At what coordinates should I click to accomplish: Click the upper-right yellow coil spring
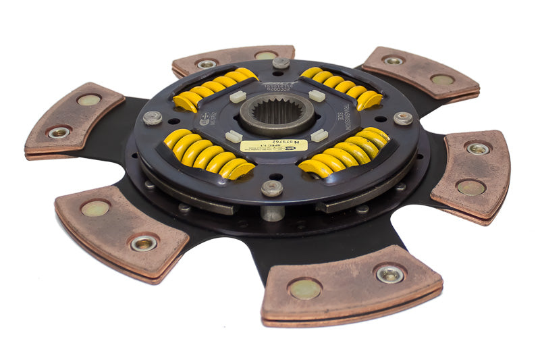click(341, 86)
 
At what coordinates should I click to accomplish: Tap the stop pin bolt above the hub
click(281, 63)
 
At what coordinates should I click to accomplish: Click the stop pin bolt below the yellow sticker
click(272, 188)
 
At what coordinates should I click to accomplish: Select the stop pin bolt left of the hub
click(153, 118)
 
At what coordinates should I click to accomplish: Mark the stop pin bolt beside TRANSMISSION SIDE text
click(403, 118)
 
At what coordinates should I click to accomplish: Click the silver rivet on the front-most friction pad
click(390, 273)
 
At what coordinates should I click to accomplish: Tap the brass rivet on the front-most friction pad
click(305, 288)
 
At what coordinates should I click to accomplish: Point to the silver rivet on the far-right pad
click(478, 149)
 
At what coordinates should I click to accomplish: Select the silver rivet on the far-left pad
click(59, 132)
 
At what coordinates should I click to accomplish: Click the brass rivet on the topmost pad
click(265, 55)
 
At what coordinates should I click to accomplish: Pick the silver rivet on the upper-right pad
click(392, 60)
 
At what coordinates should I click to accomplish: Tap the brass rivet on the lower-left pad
click(94, 209)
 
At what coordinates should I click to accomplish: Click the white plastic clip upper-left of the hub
click(237, 97)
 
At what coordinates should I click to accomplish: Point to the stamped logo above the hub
click(279, 80)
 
